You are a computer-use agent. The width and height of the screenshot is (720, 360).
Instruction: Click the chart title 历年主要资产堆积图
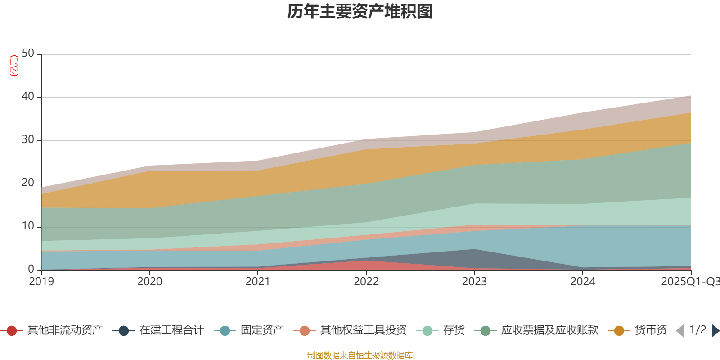[x=360, y=12]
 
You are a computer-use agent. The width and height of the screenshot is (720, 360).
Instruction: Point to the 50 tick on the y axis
[x=28, y=54]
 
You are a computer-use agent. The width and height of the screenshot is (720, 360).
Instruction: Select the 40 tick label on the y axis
[x=28, y=97]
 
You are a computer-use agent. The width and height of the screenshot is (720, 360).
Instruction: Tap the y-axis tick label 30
[x=28, y=140]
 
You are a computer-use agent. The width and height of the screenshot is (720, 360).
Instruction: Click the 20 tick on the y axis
[x=28, y=183]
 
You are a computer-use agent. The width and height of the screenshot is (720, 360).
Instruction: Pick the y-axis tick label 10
[x=28, y=226]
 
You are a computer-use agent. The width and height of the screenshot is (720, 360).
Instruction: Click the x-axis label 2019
[x=41, y=282]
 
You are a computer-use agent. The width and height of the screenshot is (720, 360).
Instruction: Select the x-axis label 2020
[x=150, y=282]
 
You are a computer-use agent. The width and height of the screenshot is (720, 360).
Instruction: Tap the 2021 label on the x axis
[x=258, y=282]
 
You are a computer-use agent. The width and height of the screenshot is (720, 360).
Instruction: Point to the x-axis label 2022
[x=366, y=282]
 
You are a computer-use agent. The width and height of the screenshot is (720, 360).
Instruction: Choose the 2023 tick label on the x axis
[x=474, y=282]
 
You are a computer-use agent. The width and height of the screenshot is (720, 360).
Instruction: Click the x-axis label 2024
[x=583, y=282]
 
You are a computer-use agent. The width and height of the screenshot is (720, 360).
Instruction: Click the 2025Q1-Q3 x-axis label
[x=690, y=282]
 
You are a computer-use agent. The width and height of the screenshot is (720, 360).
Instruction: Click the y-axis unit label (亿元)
[x=14, y=66]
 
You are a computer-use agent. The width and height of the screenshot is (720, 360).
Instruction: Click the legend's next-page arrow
[x=715, y=331]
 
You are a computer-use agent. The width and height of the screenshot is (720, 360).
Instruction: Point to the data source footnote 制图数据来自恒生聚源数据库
[x=360, y=355]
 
